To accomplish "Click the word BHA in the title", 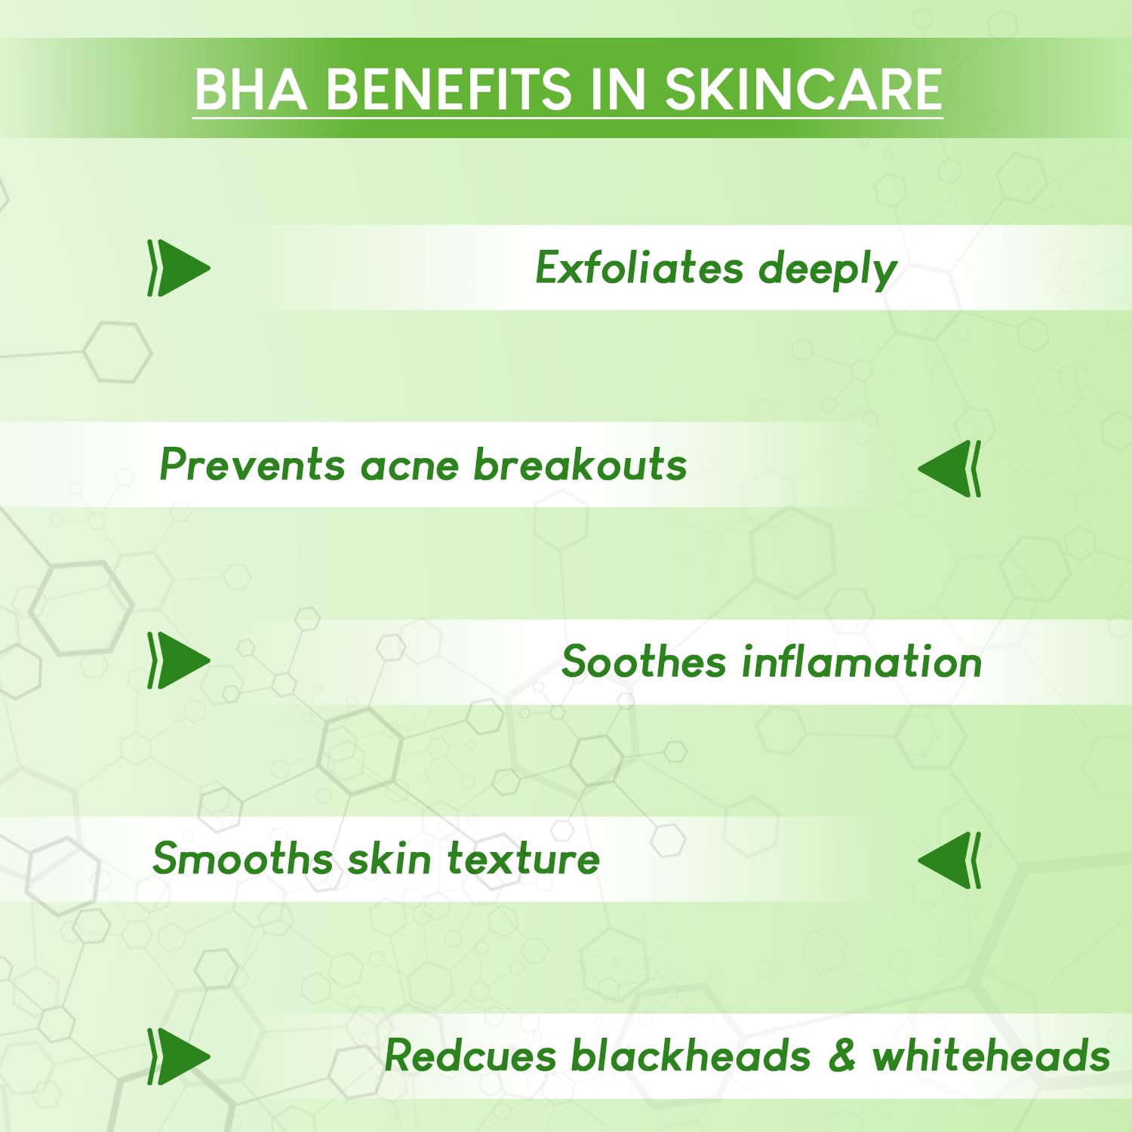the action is [251, 89].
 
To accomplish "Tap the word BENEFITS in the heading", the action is [449, 89].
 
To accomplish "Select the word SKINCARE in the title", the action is [803, 89].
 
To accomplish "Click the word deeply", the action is [828, 270].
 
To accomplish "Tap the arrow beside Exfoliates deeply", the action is [179, 268].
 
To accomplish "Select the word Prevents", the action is [252, 464].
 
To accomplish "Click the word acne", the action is [410, 467].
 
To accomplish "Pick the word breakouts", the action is [580, 464].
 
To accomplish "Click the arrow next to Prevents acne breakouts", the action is [949, 469].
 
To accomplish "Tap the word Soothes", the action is [644, 662].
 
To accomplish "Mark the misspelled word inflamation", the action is [862, 662].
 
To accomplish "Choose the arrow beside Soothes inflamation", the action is [179, 660].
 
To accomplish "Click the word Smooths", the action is [241, 859].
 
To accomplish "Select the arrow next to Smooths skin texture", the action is [949, 860].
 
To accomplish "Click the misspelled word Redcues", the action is [470, 1055].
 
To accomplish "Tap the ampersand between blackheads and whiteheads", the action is [842, 1055].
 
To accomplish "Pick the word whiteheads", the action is [991, 1055].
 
